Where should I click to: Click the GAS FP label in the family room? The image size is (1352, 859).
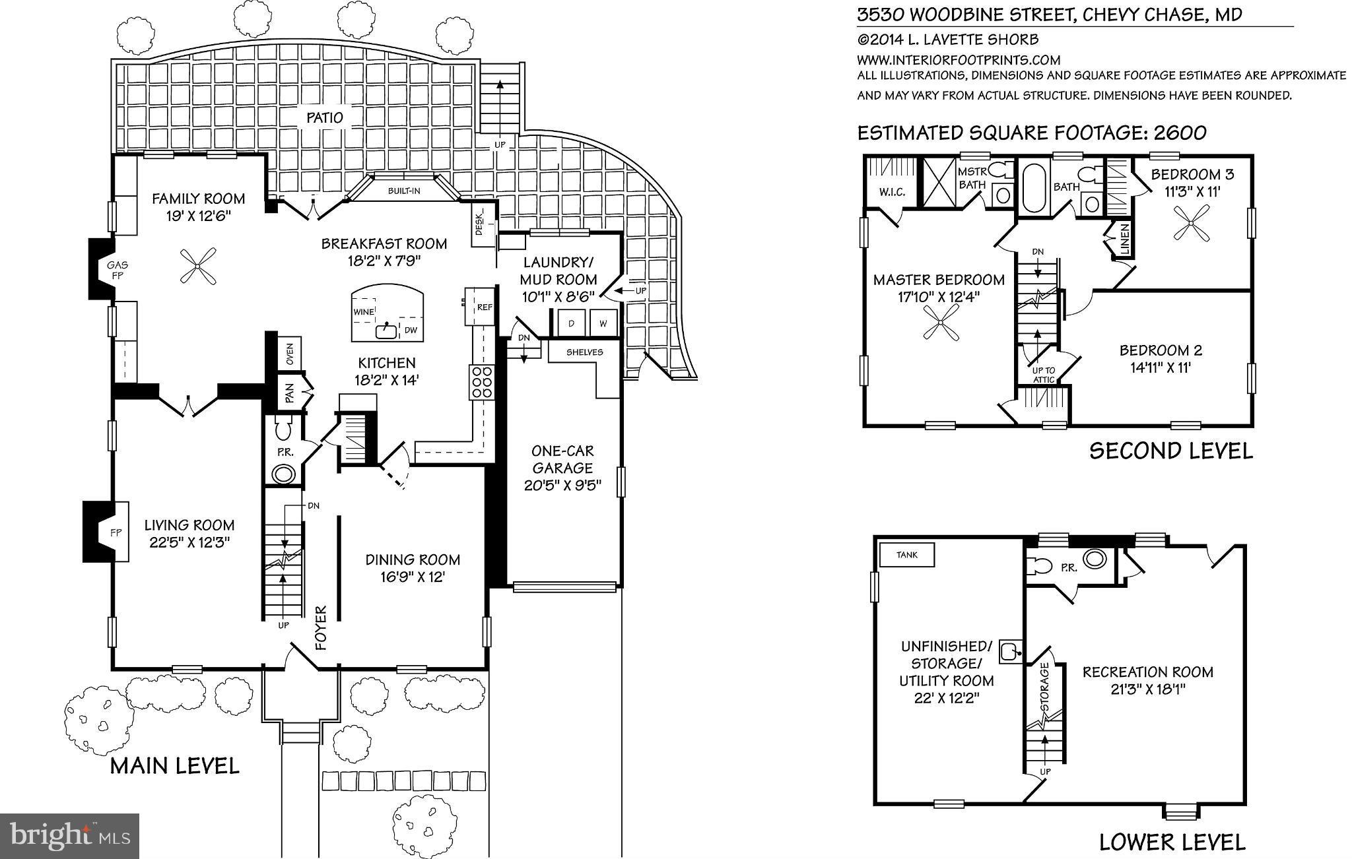pyautogui.click(x=118, y=270)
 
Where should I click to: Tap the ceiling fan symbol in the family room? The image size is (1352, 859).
pyautogui.click(x=198, y=266)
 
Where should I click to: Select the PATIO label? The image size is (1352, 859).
pyautogui.click(x=325, y=118)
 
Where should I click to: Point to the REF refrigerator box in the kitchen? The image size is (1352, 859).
pyautogui.click(x=484, y=307)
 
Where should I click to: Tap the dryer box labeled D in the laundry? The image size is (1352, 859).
pyautogui.click(x=570, y=323)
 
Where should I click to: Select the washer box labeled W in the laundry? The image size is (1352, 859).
pyautogui.click(x=603, y=323)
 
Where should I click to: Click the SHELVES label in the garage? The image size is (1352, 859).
pyautogui.click(x=584, y=352)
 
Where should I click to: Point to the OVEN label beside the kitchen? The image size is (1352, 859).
pyautogui.click(x=290, y=355)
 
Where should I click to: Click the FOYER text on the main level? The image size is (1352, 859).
pyautogui.click(x=321, y=627)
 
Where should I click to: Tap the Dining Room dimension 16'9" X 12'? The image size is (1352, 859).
pyautogui.click(x=413, y=577)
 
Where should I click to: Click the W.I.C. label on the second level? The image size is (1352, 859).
pyautogui.click(x=892, y=193)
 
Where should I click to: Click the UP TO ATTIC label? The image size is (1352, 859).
pyautogui.click(x=1044, y=375)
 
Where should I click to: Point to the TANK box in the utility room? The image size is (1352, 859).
pyautogui.click(x=907, y=555)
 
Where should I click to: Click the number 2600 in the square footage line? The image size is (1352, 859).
pyautogui.click(x=1180, y=133)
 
